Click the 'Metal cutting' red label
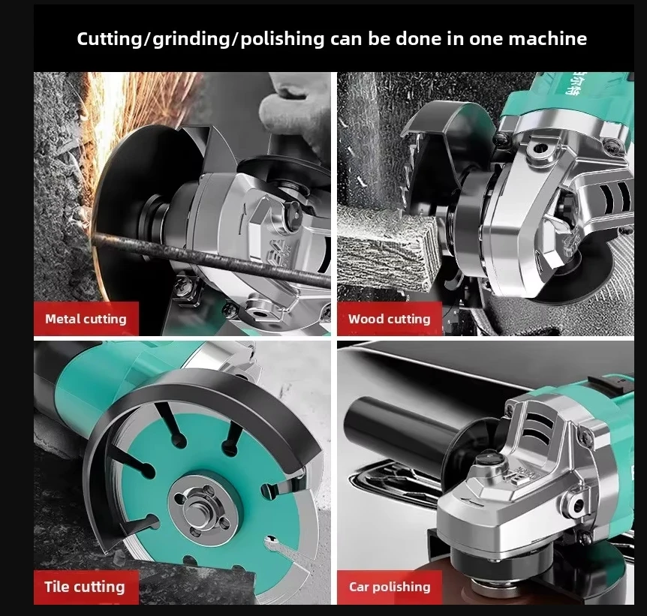click(86, 319)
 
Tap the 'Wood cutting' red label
click(389, 319)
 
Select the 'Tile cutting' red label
click(84, 587)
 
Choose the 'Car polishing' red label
click(390, 587)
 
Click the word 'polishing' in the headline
click(283, 38)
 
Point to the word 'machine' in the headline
click(549, 38)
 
